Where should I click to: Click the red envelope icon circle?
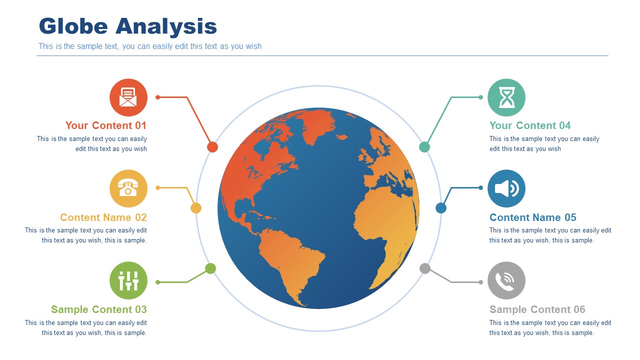tap(128, 97)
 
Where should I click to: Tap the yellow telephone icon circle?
tap(128, 188)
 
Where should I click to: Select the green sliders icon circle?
tap(128, 280)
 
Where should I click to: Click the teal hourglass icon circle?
tap(506, 97)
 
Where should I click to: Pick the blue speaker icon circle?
tap(506, 188)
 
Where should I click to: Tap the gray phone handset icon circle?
tap(506, 280)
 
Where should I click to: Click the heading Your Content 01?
tap(106, 125)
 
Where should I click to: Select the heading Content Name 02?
tap(103, 217)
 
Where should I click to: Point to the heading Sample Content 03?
tap(99, 309)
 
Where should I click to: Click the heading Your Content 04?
tap(530, 125)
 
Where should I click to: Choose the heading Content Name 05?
tap(533, 217)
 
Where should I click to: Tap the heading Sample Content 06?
tap(537, 309)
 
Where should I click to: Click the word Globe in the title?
tap(73, 26)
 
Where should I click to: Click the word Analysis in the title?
tap(166, 26)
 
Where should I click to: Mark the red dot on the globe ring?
tap(212, 147)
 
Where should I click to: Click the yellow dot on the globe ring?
tap(196, 208)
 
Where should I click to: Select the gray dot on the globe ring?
tap(425, 268)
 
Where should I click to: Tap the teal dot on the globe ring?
tap(424, 147)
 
